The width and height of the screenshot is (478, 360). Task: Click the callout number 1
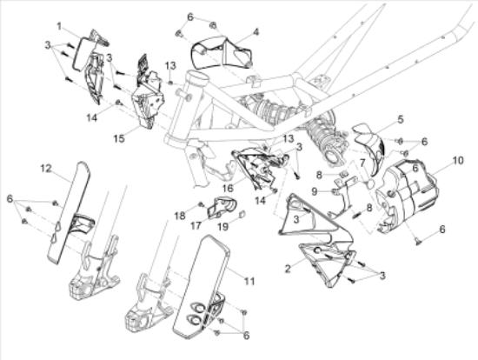tap(59, 26)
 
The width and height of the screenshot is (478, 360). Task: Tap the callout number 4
tap(256, 31)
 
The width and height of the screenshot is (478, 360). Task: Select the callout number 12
tap(46, 168)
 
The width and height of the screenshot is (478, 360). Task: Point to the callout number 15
tap(119, 138)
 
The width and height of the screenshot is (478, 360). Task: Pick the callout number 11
tap(249, 281)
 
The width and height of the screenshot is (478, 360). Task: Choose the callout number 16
tap(228, 188)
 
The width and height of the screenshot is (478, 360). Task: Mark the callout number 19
tap(223, 227)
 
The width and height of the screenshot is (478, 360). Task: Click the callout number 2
tap(288, 269)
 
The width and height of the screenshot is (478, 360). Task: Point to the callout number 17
tap(196, 225)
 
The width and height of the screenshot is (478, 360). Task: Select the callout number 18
tap(180, 216)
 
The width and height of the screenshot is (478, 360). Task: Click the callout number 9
tap(315, 191)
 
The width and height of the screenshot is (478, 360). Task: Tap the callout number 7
tap(362, 163)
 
